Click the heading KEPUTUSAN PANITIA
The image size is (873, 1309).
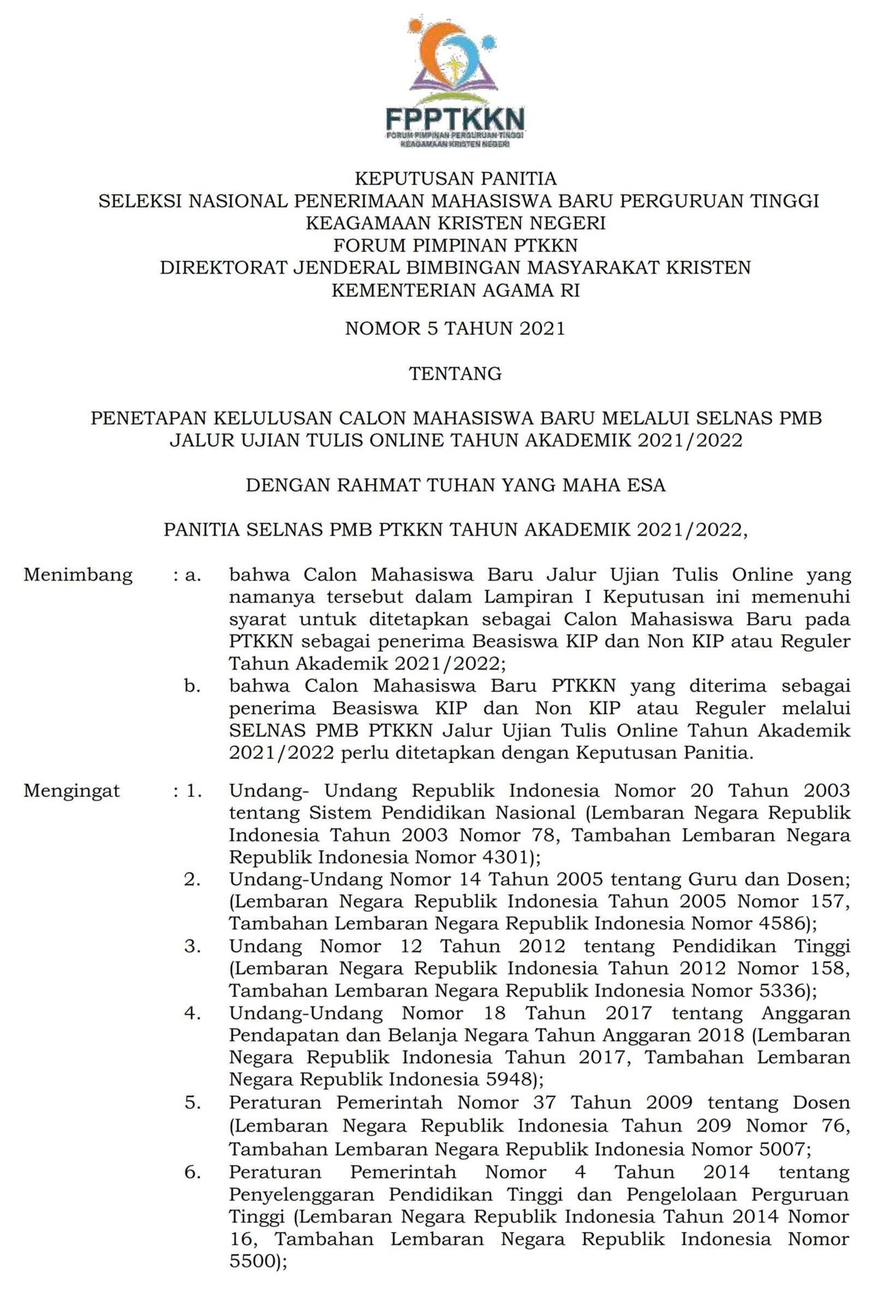point(455,179)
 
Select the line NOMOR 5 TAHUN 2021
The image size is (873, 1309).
point(455,329)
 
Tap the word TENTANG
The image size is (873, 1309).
point(455,374)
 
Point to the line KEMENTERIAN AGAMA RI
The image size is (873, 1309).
point(455,290)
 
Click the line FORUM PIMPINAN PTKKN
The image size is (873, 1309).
point(455,245)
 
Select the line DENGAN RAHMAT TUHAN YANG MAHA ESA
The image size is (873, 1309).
point(455,485)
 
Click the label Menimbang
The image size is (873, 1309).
point(78,575)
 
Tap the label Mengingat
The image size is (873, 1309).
point(72,791)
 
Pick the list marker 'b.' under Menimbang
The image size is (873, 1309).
point(193,686)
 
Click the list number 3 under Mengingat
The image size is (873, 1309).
point(192,946)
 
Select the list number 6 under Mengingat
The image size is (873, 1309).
point(192,1172)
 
